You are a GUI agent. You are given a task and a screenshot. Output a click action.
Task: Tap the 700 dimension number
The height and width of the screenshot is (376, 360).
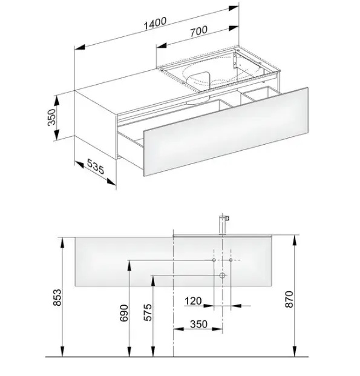[x=199, y=31]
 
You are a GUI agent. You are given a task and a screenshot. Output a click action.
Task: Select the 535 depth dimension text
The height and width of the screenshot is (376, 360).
[x=96, y=166]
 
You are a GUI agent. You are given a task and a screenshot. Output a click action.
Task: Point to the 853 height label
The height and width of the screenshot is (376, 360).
[x=57, y=297]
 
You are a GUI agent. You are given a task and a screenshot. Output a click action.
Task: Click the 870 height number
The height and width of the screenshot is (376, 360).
[x=289, y=299]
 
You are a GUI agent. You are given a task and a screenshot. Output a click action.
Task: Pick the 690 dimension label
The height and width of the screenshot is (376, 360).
[x=124, y=313]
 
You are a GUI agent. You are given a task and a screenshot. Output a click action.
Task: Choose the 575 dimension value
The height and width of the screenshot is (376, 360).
[x=148, y=312]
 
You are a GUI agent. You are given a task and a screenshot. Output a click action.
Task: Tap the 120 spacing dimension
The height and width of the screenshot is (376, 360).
[x=193, y=301]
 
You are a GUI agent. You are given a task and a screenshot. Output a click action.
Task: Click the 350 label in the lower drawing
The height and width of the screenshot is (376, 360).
[x=198, y=324]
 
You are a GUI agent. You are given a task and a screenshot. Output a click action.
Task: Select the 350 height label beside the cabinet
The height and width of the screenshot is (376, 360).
[x=52, y=117]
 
